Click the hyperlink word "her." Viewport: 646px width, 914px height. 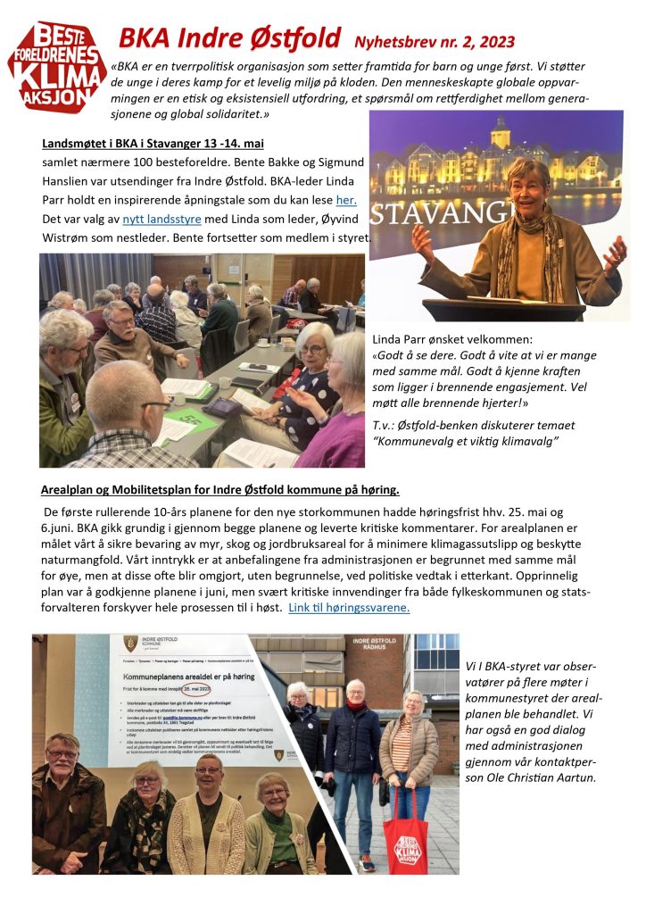tap(346, 201)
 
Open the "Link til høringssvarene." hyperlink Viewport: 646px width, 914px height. tap(349, 607)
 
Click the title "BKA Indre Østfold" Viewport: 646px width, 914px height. tap(229, 38)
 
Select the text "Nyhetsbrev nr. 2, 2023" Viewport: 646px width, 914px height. tap(434, 42)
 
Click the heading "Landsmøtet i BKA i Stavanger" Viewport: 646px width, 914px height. tap(153, 144)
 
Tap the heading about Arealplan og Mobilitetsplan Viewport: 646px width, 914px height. tap(219, 491)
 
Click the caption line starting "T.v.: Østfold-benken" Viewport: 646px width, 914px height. tap(474, 425)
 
